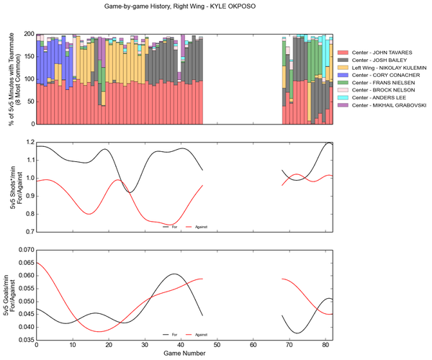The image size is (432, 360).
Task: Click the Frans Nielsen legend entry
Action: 382,83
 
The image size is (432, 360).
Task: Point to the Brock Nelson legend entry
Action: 382,90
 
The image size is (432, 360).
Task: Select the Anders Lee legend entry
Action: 379,97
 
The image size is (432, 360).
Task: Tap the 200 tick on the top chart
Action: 29,34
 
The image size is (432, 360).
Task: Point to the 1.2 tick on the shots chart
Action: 29,142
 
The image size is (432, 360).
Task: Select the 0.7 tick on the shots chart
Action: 29,232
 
